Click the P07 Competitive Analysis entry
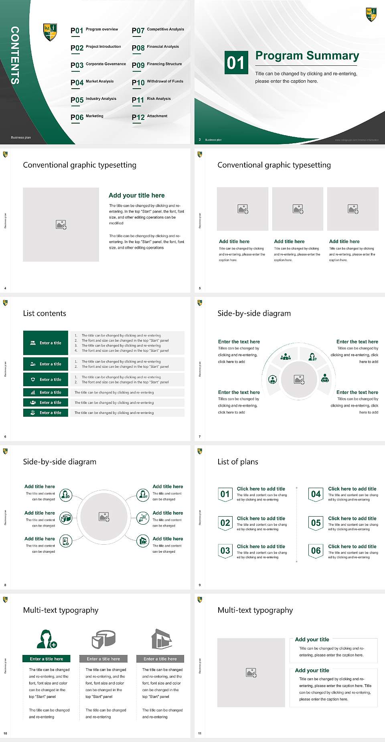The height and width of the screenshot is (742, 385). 158,30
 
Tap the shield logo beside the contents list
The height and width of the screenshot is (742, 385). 50,32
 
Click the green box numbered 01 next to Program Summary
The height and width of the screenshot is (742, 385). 236,63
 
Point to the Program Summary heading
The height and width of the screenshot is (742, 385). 307,56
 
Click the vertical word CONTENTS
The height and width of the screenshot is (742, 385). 15,55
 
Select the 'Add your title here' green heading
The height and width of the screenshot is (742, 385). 136,195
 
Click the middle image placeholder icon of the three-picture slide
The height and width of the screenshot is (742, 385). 298,209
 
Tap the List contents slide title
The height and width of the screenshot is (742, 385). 45,313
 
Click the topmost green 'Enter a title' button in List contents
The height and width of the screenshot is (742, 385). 46,343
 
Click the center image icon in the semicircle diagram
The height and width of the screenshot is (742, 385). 299,379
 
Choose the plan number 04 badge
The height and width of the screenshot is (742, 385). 316,494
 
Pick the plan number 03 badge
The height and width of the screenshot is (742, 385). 225,551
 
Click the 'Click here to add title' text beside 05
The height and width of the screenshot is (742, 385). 352,518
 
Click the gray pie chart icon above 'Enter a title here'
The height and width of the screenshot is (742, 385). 103,639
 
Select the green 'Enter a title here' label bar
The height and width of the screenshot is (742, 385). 47,659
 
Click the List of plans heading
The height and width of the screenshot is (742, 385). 238,462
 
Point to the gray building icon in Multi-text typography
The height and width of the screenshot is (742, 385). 162,639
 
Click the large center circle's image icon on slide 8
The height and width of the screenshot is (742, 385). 104,517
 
